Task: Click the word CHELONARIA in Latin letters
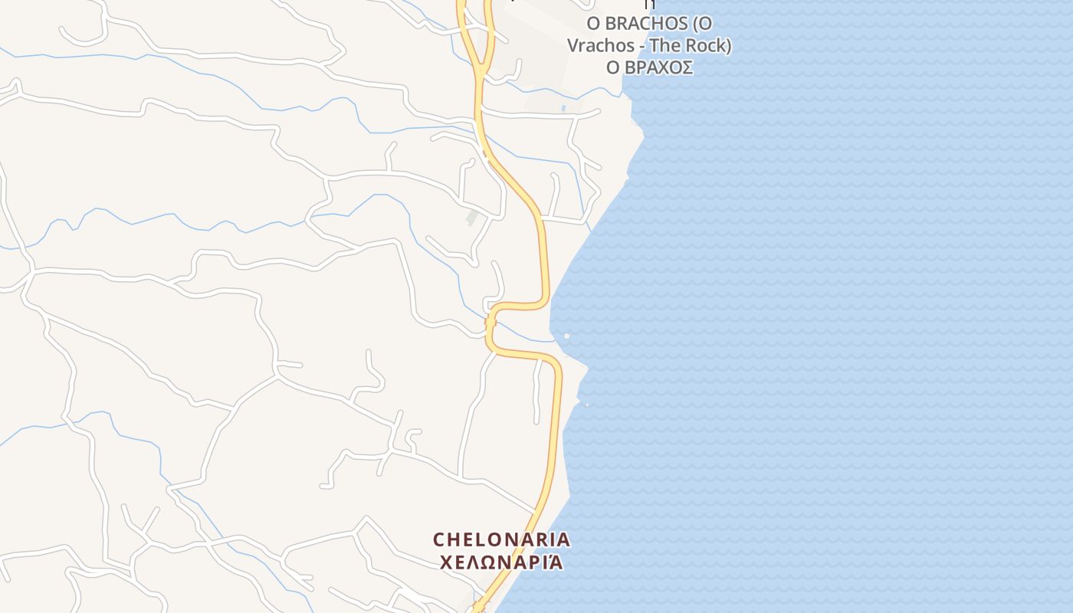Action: (x=502, y=539)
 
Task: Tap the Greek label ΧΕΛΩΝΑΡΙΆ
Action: (x=502, y=562)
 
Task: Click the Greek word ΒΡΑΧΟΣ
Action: (x=659, y=67)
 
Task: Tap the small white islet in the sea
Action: (x=566, y=336)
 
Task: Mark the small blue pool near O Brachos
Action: (x=564, y=109)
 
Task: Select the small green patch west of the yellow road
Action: (x=472, y=218)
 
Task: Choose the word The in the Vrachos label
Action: (x=664, y=46)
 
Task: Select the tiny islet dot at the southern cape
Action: (x=586, y=405)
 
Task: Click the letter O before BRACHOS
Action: (x=592, y=24)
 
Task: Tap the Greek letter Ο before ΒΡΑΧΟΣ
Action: (x=613, y=67)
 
